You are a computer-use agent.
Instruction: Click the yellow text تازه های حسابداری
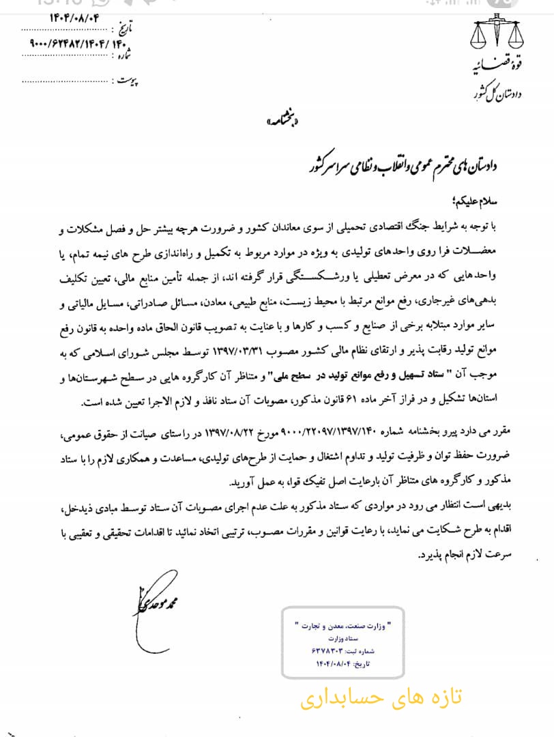[381, 697]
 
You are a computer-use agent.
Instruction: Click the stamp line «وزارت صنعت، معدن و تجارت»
[347, 626]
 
